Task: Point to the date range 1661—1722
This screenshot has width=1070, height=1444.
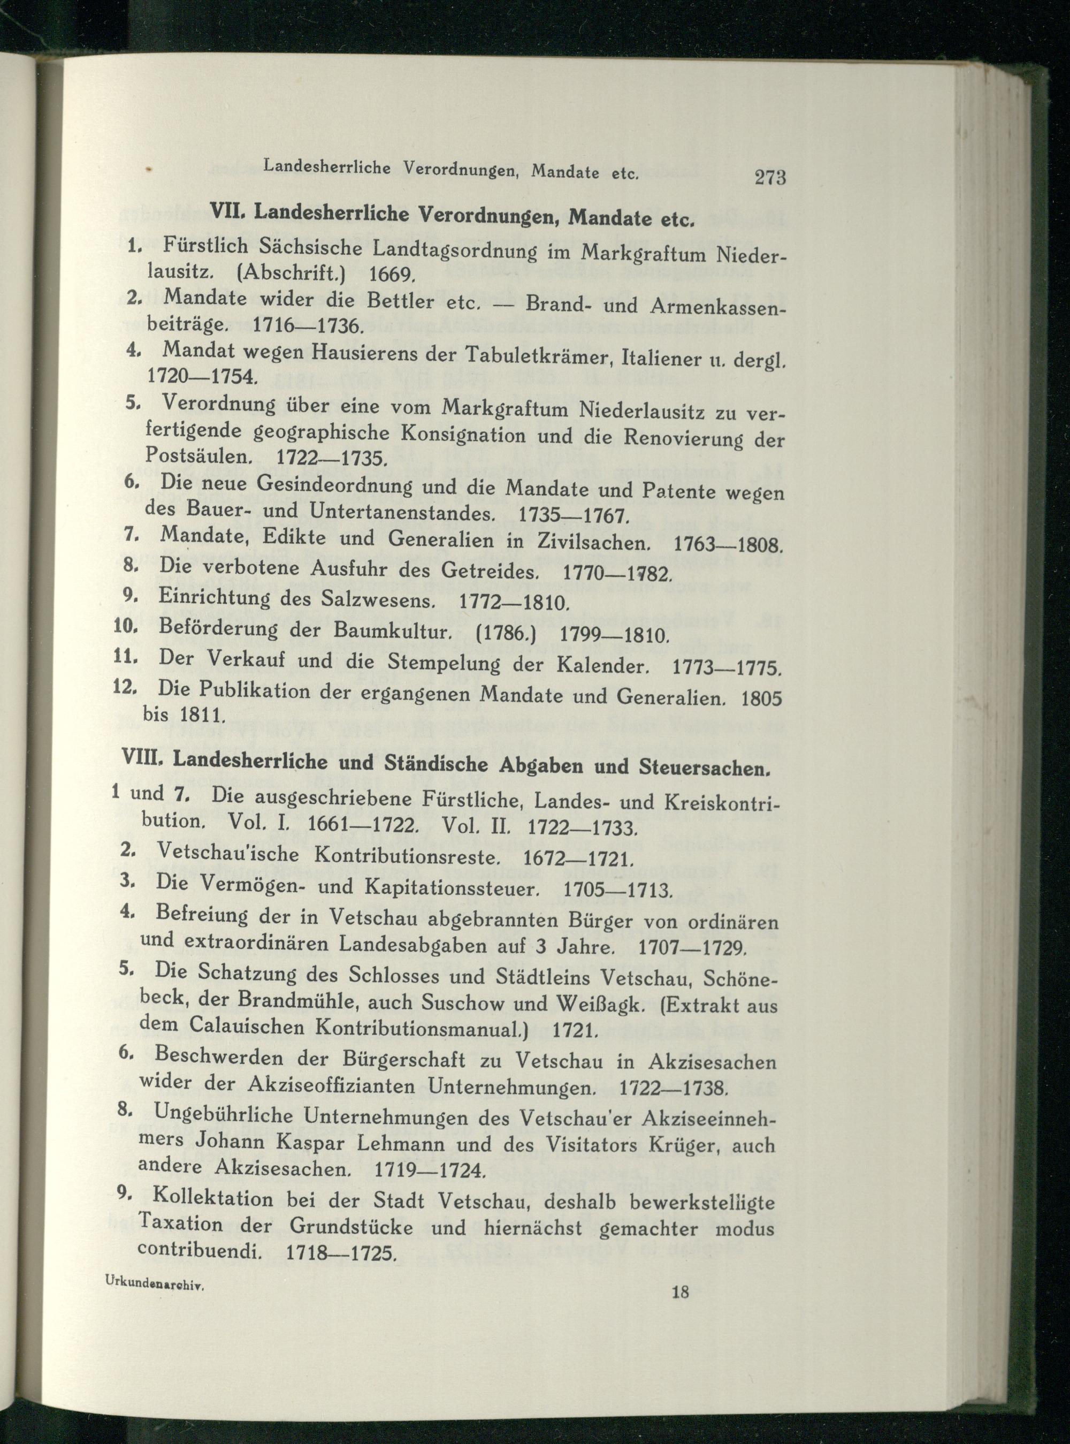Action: pos(361,826)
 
